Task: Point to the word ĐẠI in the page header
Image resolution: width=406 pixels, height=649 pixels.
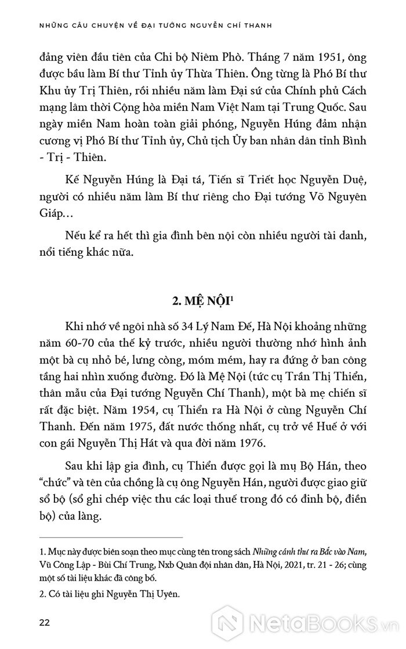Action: point(157,26)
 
